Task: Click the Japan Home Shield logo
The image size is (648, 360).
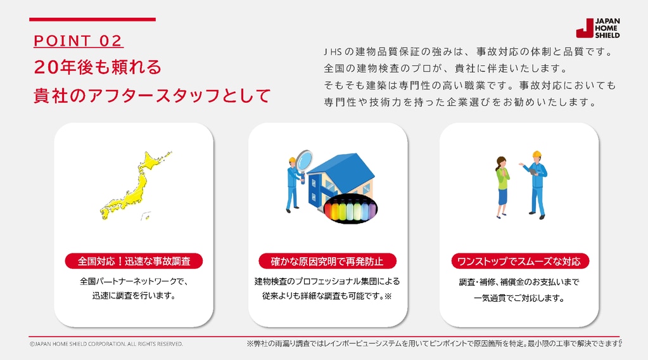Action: coord(598,28)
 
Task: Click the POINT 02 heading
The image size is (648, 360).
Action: coord(78,41)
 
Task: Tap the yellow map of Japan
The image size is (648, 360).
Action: coord(135,185)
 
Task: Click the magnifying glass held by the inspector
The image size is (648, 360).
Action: coord(304,161)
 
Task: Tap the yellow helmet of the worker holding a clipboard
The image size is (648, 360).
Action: coord(537,154)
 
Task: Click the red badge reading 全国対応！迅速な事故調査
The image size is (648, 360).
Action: coord(134,261)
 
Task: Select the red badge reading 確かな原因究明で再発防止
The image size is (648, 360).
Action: coord(327,261)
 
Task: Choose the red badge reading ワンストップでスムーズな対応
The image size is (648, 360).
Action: coord(520,261)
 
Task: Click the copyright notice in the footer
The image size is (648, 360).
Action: coord(106,344)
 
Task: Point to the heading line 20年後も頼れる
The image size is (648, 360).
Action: coord(98,67)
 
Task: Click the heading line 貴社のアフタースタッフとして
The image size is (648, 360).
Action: coord(152,96)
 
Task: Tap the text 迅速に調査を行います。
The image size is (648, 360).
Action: coord(134,295)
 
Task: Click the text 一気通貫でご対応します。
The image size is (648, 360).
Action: coord(519,298)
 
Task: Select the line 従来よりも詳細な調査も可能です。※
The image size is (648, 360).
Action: coord(327,296)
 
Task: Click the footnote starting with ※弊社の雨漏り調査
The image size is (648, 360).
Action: coord(434,344)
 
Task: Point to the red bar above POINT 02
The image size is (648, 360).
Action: coord(92,20)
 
